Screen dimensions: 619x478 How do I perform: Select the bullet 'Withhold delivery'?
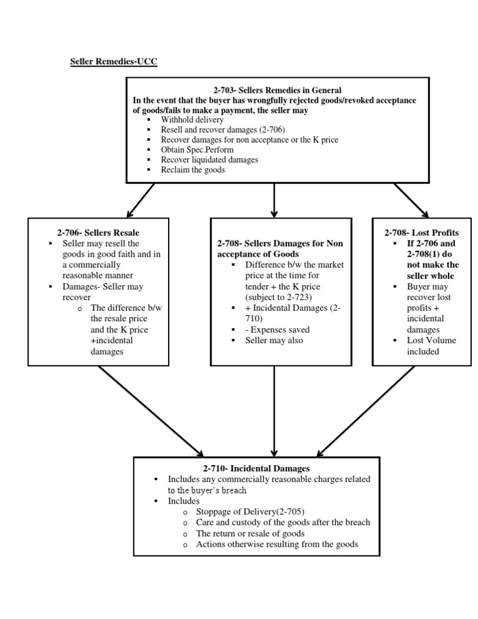[192, 120]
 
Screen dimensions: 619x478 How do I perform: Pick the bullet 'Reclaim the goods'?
[192, 169]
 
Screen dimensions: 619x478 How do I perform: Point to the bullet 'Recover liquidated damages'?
[209, 159]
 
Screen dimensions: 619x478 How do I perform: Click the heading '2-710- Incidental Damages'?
[256, 468]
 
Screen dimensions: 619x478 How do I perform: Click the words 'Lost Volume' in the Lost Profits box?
[431, 341]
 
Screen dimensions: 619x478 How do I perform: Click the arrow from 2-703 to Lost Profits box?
[410, 199]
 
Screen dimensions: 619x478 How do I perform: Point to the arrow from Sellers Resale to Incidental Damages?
[151, 411]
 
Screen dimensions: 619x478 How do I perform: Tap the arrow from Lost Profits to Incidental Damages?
[366, 411]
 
